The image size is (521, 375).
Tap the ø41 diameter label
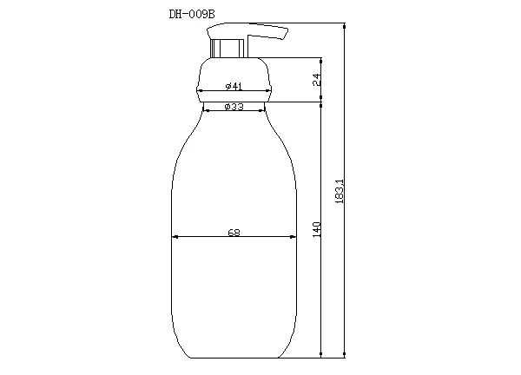(x=233, y=85)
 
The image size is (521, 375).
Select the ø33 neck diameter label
(x=233, y=106)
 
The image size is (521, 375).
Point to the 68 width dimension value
(x=234, y=232)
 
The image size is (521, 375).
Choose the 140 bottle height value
(x=317, y=229)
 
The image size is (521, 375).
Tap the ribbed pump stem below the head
(x=228, y=49)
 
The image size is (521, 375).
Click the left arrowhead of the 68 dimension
(x=174, y=236)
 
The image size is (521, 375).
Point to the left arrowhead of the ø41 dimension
(x=199, y=90)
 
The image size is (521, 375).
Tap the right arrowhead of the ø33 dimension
(x=262, y=111)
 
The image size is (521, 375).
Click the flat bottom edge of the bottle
(x=234, y=357)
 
